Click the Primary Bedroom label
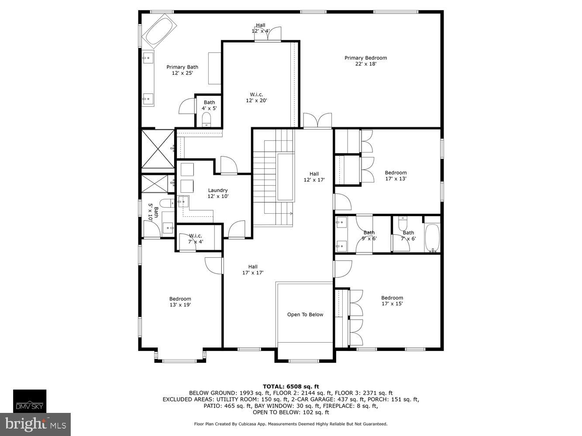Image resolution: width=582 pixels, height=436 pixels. [x=365, y=58]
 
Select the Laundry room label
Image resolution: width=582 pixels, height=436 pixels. [x=218, y=191]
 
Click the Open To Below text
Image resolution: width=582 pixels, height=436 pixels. [x=305, y=314]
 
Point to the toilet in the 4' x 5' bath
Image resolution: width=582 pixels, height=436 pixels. [x=207, y=119]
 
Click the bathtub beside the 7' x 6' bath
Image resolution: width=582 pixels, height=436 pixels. [x=433, y=238]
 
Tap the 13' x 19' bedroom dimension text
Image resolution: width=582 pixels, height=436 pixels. [x=180, y=305]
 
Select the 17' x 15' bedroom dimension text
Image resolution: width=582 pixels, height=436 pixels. [x=392, y=304]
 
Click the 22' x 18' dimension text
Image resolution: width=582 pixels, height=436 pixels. [x=365, y=64]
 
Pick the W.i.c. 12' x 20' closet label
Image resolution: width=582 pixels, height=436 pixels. [x=256, y=97]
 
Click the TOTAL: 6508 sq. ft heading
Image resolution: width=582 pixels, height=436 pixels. [x=291, y=386]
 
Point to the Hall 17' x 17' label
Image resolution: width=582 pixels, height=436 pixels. [x=253, y=270]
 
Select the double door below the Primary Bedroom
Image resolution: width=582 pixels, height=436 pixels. [x=317, y=121]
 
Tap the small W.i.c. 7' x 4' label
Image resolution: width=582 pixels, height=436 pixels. [x=195, y=238]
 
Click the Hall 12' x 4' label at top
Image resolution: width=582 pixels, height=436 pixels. [x=260, y=28]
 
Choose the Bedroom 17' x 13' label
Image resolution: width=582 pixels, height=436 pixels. [x=396, y=176]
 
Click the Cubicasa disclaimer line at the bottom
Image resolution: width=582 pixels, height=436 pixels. [x=291, y=424]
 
